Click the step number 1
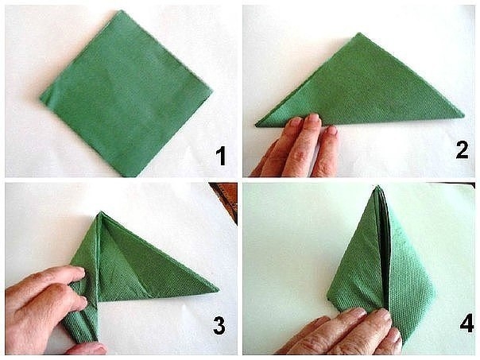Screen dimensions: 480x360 click(x=221, y=156)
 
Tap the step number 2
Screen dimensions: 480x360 click(x=462, y=149)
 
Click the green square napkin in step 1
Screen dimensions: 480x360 click(x=126, y=93)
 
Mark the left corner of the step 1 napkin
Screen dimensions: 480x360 click(x=41, y=99)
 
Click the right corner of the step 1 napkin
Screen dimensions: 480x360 click(x=212, y=91)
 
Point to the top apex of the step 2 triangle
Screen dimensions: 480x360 click(x=359, y=33)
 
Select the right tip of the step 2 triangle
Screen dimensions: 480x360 click(x=463, y=116)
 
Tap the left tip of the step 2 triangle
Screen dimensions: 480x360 click(x=256, y=125)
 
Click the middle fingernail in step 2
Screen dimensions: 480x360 click(x=313, y=118)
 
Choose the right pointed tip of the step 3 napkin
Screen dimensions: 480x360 click(x=219, y=289)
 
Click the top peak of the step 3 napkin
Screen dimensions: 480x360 click(x=101, y=211)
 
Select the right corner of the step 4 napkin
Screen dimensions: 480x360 click(x=435, y=292)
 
